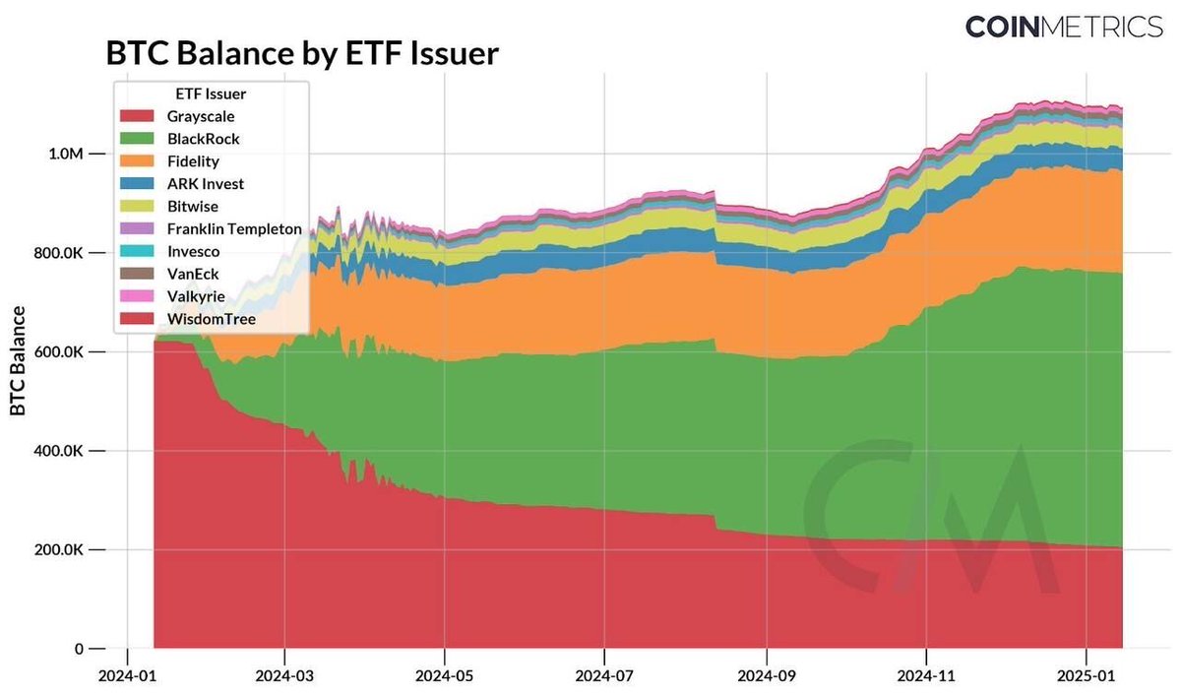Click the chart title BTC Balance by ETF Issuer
click(302, 53)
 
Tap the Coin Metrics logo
click(1063, 27)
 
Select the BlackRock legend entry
click(203, 139)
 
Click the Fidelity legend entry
click(193, 161)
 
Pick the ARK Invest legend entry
click(205, 184)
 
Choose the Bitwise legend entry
click(192, 207)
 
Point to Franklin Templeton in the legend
click(234, 228)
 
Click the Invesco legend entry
click(192, 251)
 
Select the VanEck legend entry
click(191, 274)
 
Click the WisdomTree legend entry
click(211, 318)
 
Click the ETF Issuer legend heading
click(212, 95)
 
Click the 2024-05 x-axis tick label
click(444, 676)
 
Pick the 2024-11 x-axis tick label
click(925, 676)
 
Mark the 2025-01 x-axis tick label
click(1086, 676)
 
